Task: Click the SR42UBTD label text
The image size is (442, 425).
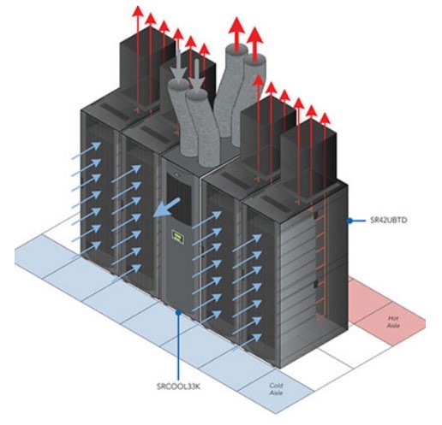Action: (388, 221)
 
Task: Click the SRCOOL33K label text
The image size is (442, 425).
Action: (178, 387)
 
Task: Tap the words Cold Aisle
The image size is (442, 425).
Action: (276, 389)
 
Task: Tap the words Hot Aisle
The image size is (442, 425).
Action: (393, 322)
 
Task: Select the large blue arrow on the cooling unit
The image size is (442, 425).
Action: (167, 208)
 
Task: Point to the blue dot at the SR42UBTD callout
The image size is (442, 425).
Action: (349, 221)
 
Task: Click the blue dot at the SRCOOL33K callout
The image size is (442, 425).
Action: (178, 312)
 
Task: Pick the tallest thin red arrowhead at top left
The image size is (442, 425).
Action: (138, 11)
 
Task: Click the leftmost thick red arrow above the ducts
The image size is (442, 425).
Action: (236, 34)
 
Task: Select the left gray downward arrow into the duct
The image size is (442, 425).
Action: (179, 68)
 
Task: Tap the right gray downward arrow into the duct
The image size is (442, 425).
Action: (197, 74)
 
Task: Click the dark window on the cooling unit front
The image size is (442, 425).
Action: (179, 199)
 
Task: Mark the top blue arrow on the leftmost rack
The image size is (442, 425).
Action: (86, 151)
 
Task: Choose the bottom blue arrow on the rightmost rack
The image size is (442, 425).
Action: (247, 343)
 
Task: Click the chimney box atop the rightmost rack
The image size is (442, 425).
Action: (308, 160)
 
